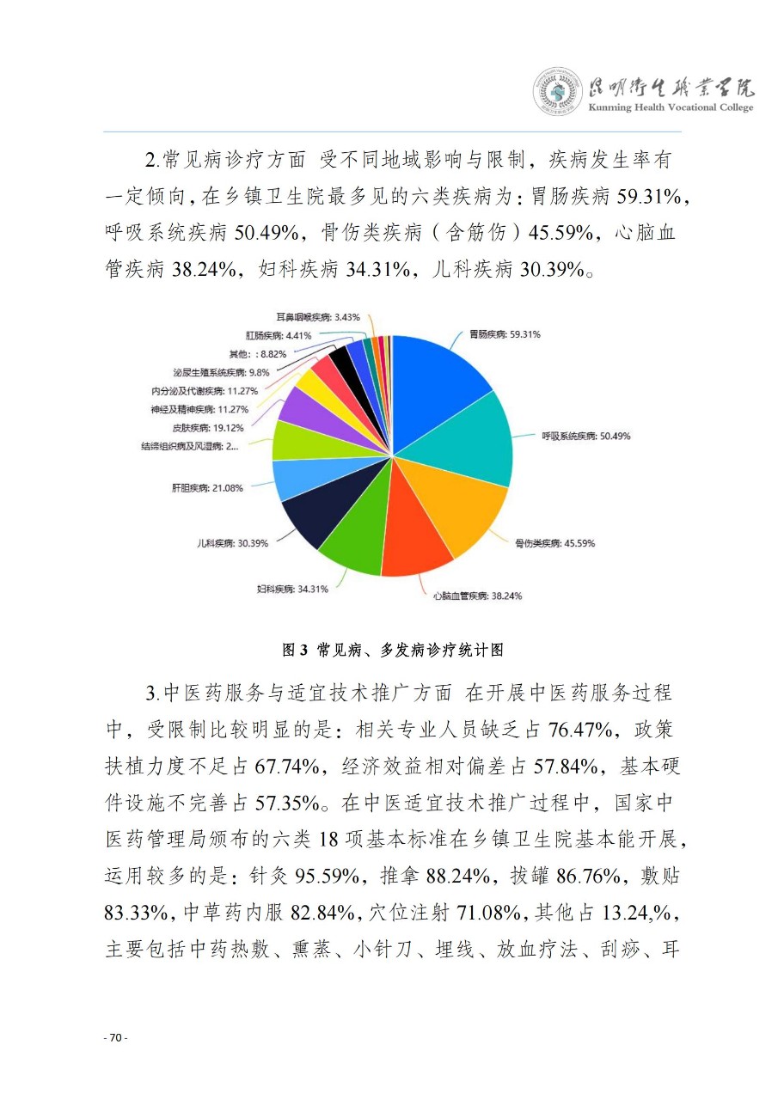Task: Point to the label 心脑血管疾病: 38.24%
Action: pyautogui.click(x=476, y=596)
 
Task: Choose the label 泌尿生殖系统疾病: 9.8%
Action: pyautogui.click(x=221, y=372)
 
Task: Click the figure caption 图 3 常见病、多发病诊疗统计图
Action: pyautogui.click(x=393, y=651)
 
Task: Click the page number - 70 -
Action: pyautogui.click(x=116, y=1038)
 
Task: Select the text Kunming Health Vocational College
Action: pyautogui.click(x=671, y=107)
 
